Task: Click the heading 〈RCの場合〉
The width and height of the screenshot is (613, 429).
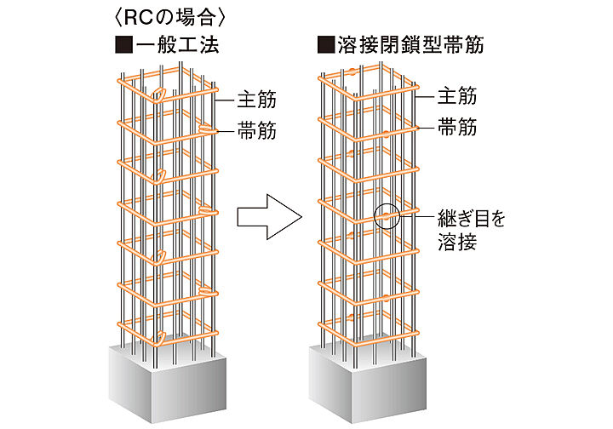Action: tap(155, 16)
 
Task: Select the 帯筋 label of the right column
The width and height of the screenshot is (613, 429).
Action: tap(456, 128)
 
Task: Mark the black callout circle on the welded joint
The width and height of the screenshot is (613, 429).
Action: tap(387, 216)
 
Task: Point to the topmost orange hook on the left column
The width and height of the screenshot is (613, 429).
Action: tap(158, 94)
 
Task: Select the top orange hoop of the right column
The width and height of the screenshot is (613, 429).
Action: tap(370, 83)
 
